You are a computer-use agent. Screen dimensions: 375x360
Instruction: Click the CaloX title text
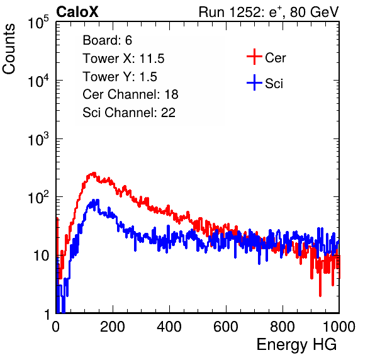[77, 12]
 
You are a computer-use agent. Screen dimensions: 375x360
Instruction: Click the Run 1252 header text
[269, 12]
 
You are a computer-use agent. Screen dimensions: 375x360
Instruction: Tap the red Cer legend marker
[254, 57]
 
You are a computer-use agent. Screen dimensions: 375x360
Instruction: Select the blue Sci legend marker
[254, 82]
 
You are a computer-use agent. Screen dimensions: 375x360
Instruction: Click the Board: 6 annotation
[107, 40]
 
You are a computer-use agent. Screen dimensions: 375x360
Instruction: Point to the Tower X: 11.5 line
[123, 59]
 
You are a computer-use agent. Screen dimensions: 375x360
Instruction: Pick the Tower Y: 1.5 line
[120, 77]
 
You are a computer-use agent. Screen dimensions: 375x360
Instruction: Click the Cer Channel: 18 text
[130, 94]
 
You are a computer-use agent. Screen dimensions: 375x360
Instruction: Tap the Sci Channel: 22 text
[129, 113]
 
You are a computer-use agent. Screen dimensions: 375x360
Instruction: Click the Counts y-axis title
[9, 49]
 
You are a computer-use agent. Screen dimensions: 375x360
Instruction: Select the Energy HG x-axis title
[296, 345]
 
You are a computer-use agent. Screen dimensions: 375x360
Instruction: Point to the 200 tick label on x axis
[113, 327]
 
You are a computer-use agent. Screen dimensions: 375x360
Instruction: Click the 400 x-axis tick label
[169, 327]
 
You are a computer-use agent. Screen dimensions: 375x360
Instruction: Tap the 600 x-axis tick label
[226, 327]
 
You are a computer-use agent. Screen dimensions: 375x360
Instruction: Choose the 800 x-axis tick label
[283, 327]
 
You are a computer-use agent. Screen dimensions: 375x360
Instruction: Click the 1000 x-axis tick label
[339, 327]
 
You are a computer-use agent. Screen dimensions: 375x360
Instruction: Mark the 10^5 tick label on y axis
[38, 23]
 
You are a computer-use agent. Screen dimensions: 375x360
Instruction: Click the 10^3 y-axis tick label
[38, 140]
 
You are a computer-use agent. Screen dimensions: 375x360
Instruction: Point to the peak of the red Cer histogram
[94, 173]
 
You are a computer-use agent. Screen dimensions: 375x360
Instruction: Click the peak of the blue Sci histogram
[96, 200]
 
